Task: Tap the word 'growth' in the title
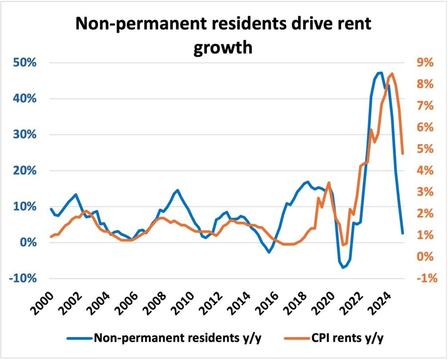click(223, 47)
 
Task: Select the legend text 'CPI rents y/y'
click(347, 338)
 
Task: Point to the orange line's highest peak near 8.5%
click(392, 73)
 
